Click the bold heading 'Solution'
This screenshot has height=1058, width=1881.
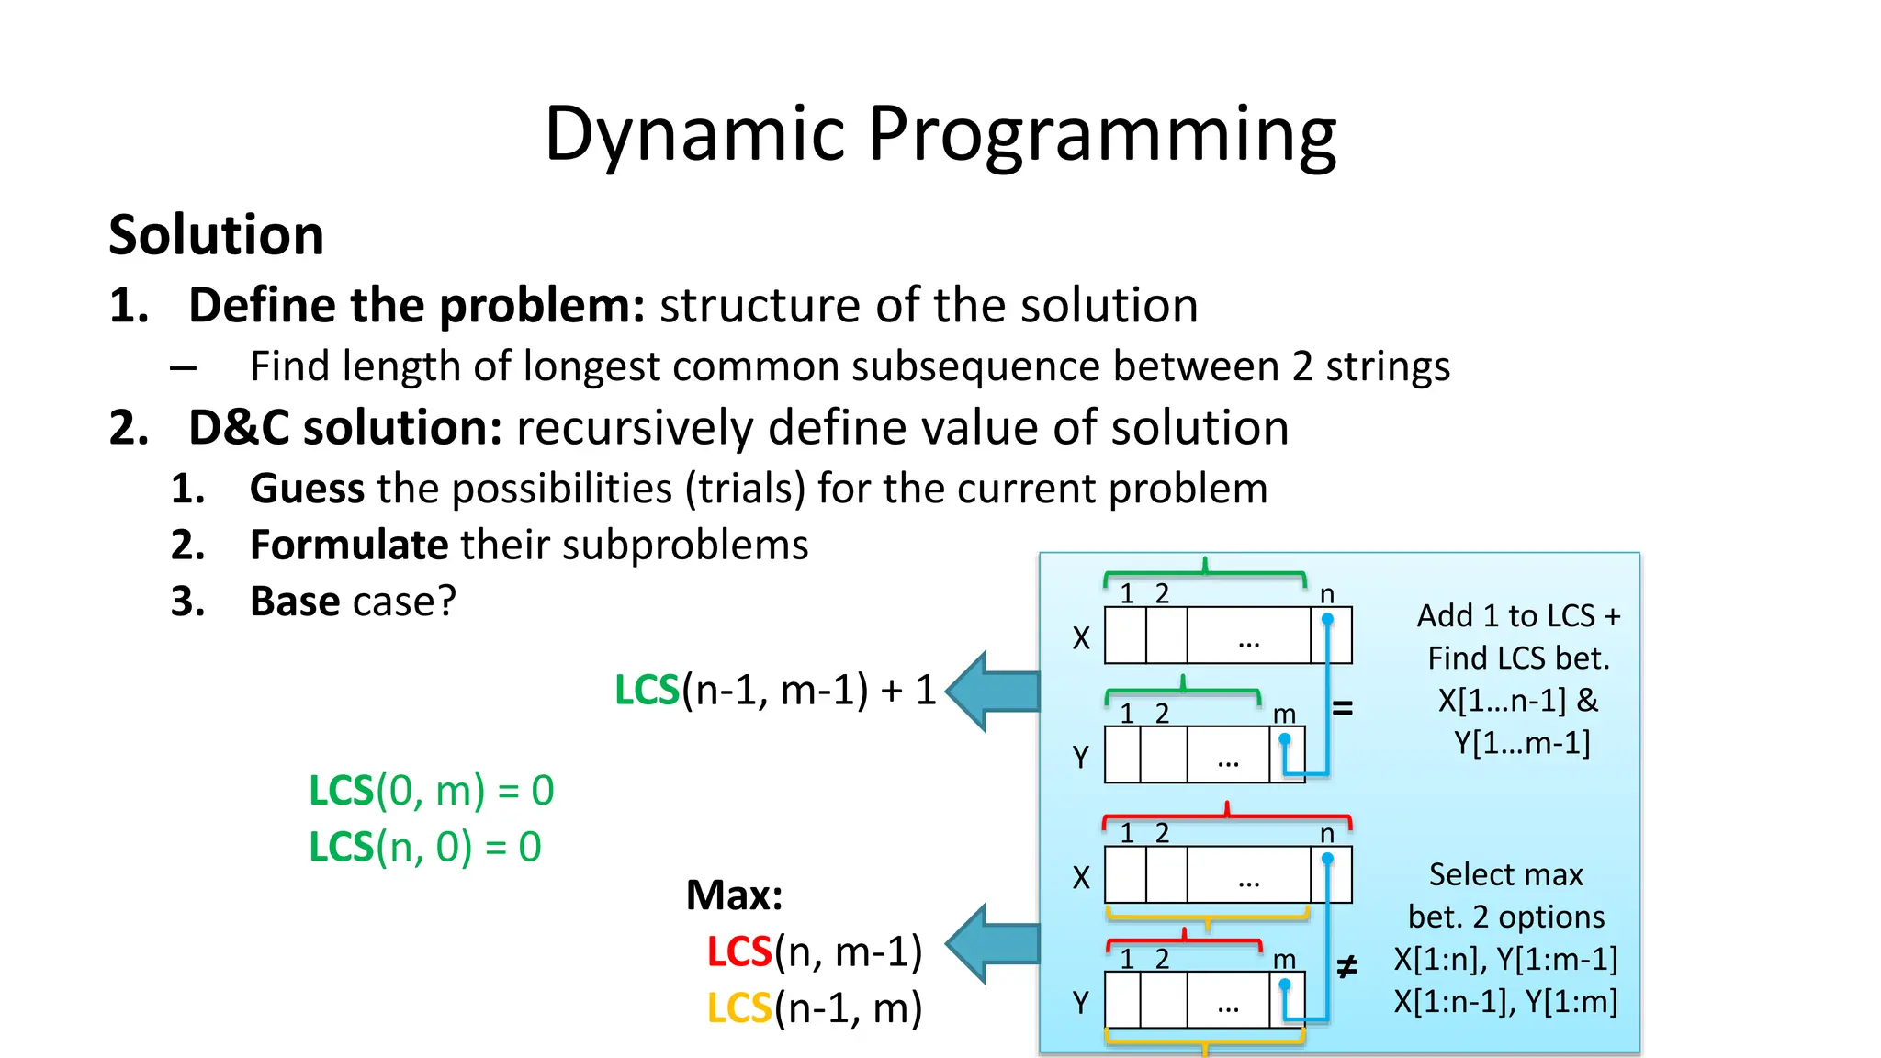point(217,235)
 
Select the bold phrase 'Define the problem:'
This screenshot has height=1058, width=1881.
point(417,305)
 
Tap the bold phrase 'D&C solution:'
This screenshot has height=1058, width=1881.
point(345,428)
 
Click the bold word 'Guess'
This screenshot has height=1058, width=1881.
point(307,489)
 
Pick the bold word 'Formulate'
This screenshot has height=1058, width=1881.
point(349,546)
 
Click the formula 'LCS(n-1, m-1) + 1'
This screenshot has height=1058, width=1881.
point(775,691)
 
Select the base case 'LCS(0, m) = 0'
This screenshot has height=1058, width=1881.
point(432,791)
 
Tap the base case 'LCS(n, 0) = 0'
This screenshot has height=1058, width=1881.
point(425,847)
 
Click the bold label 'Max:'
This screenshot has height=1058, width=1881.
point(734,895)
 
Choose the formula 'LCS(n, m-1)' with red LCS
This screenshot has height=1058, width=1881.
point(815,952)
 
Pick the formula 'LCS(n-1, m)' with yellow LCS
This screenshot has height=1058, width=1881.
point(815,1008)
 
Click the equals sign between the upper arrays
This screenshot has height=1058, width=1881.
point(1343,708)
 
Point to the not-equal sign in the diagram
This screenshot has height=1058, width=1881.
point(1346,966)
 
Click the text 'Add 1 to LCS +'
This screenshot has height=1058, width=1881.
point(1518,616)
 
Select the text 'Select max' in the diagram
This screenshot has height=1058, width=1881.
point(1505,875)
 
